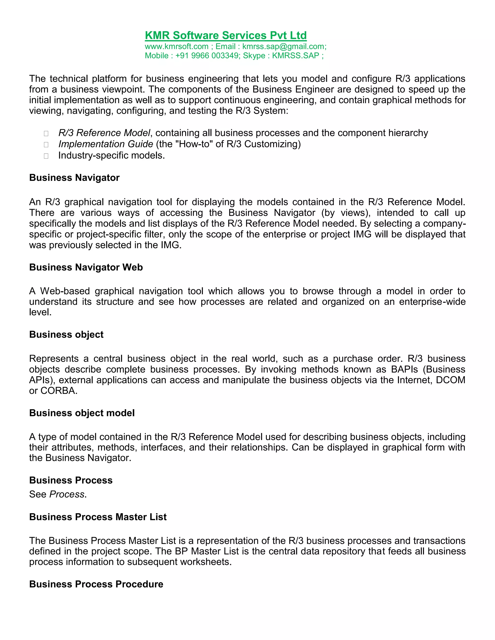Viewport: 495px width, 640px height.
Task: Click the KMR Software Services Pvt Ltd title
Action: click(226, 36)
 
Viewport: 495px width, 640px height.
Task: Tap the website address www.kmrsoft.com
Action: click(176, 47)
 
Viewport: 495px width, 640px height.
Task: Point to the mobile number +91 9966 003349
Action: click(207, 56)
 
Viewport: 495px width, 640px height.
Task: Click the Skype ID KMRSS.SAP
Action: click(295, 56)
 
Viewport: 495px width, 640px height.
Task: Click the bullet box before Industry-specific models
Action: click(46, 156)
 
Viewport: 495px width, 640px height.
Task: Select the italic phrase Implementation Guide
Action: click(106, 144)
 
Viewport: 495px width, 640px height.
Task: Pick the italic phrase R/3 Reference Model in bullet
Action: click(104, 133)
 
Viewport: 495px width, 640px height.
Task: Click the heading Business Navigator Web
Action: click(86, 267)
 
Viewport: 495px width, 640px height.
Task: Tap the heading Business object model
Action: click(82, 413)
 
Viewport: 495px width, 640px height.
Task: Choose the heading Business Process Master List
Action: click(98, 517)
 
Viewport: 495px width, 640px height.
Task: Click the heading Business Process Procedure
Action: click(96, 584)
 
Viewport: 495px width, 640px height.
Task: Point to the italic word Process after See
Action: click(67, 494)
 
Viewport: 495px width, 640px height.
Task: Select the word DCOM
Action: click(451, 380)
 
